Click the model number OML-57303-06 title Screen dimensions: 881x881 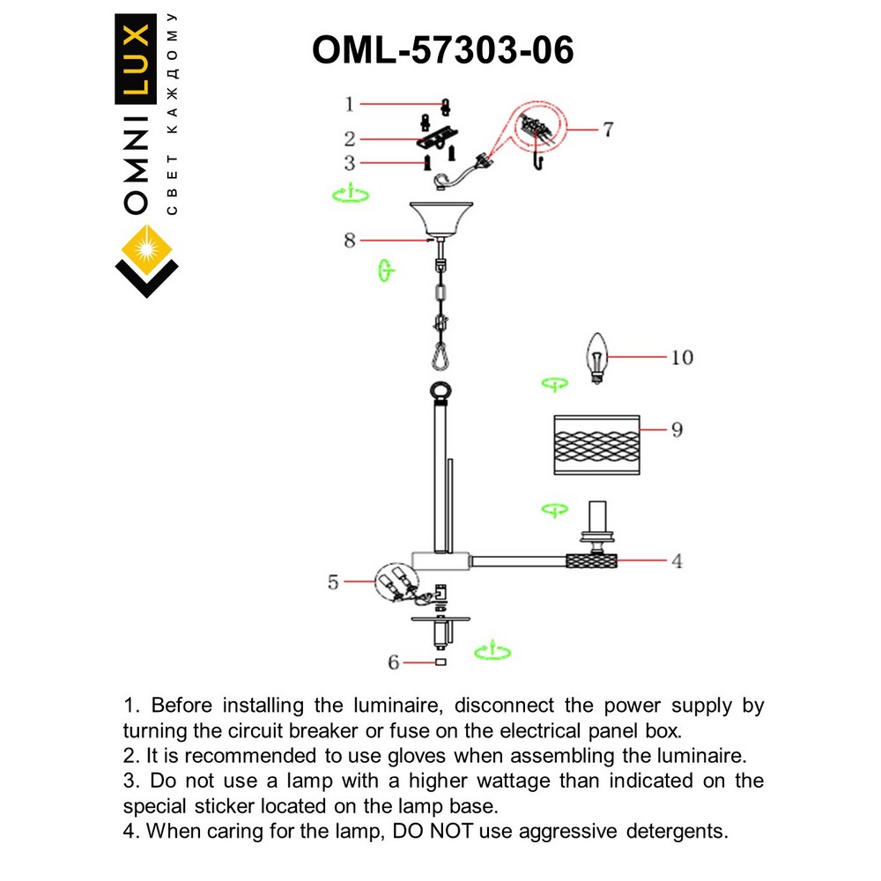(x=442, y=50)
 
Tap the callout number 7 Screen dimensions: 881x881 (x=608, y=130)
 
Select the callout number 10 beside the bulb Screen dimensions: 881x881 (x=681, y=358)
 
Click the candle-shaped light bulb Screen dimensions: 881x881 (x=598, y=358)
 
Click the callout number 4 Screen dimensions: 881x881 (x=677, y=560)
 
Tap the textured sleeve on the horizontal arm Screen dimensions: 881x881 (x=590, y=560)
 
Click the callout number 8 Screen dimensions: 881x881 (x=350, y=241)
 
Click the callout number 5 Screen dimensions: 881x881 (x=333, y=582)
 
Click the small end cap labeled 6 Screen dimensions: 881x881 (x=440, y=663)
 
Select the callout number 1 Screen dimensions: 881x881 (x=349, y=105)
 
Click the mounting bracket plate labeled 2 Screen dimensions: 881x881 (x=438, y=136)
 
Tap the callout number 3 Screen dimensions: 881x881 (x=349, y=163)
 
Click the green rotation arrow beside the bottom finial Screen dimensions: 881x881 (x=492, y=653)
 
